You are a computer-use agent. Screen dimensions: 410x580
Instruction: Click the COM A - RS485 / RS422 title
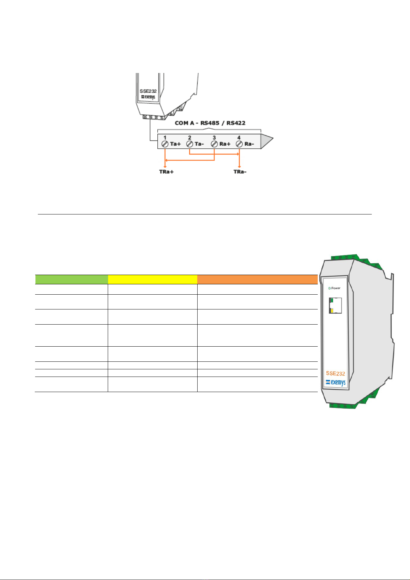(x=210, y=123)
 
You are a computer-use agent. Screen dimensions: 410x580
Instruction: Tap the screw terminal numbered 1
(x=165, y=144)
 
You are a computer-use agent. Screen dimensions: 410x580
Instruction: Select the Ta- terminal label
(x=199, y=144)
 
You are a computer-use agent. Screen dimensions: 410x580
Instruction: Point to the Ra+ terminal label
(x=224, y=144)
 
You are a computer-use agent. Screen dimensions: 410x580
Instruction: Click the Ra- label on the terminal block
(x=249, y=144)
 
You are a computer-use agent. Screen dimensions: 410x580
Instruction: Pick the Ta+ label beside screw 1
(x=175, y=144)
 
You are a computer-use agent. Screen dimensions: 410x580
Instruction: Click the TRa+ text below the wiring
(x=166, y=171)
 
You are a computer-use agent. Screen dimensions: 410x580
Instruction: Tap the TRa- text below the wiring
(x=240, y=171)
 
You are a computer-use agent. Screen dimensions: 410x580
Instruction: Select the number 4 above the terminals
(x=239, y=138)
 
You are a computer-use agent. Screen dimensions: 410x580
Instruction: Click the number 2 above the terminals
(x=190, y=138)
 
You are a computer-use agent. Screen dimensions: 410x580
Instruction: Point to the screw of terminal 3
(x=214, y=144)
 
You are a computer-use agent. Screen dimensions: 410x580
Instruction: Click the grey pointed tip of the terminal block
(x=267, y=141)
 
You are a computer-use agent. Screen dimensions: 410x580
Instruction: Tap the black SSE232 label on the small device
(x=148, y=91)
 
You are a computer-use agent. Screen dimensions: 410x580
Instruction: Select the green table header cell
(x=72, y=279)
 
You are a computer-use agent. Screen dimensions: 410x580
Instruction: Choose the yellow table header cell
(x=153, y=279)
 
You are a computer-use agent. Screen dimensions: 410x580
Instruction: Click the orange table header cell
(x=257, y=279)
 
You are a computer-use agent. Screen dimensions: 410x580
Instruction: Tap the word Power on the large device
(x=336, y=288)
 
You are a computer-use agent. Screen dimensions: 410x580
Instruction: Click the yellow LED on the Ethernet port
(x=332, y=311)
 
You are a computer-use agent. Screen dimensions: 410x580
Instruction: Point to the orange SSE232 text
(x=335, y=373)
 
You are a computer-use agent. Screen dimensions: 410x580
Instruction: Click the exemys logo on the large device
(x=336, y=382)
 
